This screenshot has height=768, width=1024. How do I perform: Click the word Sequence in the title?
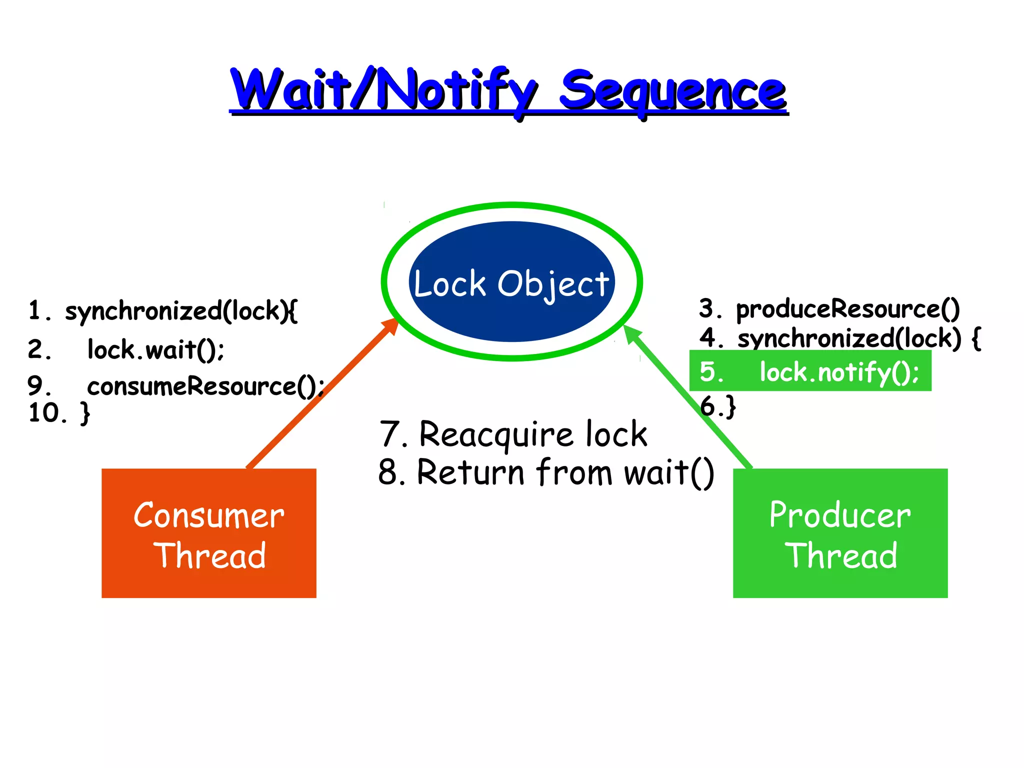coord(672,91)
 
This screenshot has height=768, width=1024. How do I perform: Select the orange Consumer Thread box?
coord(208,533)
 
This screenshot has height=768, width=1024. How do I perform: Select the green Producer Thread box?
coord(839,533)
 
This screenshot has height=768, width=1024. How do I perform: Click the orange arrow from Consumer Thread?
coord(320,395)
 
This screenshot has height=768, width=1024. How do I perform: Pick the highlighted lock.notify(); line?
coord(839,372)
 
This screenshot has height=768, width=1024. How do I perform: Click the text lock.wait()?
coord(155,349)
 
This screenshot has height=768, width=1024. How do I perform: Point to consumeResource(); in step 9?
coord(205,386)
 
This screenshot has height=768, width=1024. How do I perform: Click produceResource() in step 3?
coord(847,309)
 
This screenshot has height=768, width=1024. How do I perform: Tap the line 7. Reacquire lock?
coord(513,434)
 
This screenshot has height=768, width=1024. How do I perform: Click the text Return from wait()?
coord(565,472)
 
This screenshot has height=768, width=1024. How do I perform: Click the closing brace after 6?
coord(730,406)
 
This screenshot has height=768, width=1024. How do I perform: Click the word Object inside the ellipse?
coord(553,284)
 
